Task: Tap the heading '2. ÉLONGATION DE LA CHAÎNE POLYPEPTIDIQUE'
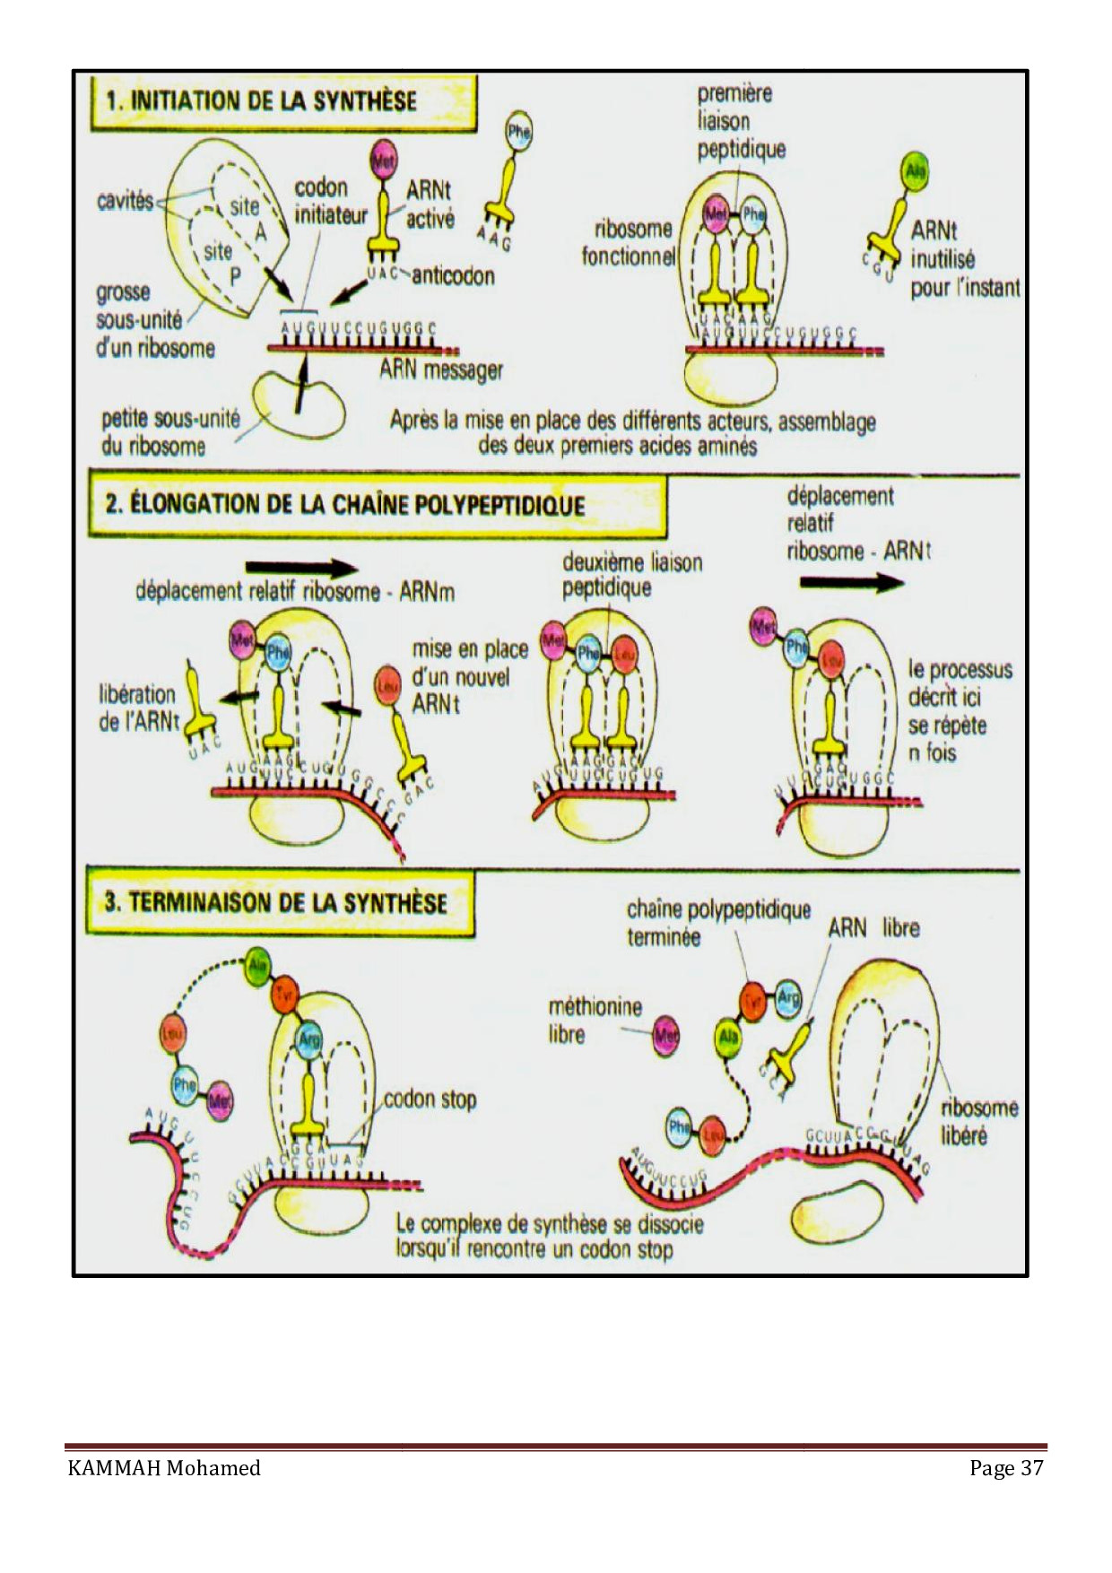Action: point(344,504)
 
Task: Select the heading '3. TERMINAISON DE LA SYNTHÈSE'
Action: point(275,902)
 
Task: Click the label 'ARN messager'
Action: point(440,369)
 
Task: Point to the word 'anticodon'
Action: point(453,275)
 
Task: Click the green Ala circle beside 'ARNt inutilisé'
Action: point(915,171)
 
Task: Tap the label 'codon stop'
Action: point(430,1099)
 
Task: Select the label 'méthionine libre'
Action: point(595,1021)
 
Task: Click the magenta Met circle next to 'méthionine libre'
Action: point(665,1037)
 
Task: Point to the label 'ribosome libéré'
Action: point(978,1121)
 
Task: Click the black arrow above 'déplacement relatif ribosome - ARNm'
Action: point(301,568)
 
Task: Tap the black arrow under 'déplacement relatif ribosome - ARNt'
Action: point(851,582)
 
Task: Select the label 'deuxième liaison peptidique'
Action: point(631,575)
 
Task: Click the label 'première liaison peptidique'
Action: point(741,121)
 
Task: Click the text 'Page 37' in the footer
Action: point(1005,1468)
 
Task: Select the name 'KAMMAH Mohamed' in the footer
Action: point(164,1468)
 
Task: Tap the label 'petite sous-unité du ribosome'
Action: point(169,432)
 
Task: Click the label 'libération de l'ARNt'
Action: point(138,708)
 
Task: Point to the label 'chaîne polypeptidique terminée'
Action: point(717,923)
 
